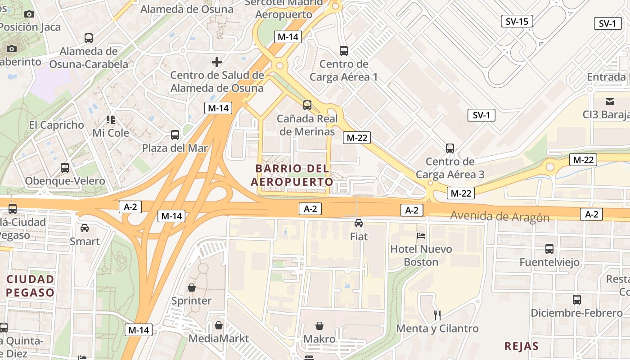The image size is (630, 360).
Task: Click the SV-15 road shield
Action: click(x=517, y=21)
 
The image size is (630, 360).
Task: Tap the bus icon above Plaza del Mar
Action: click(x=175, y=135)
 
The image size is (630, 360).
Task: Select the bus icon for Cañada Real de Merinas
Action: click(x=307, y=105)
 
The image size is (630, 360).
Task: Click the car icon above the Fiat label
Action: click(x=359, y=223)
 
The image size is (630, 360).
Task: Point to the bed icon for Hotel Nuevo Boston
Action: click(x=421, y=235)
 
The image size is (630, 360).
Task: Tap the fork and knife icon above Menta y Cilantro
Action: click(x=437, y=315)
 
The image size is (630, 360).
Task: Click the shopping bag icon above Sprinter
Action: click(x=192, y=287)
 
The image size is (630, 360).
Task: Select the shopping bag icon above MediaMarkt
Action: click(x=219, y=325)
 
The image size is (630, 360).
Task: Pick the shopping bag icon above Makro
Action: click(x=319, y=325)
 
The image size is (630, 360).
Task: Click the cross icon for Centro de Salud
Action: click(x=217, y=62)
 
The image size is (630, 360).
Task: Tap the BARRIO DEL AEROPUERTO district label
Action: click(x=292, y=175)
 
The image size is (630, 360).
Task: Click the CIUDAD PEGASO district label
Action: click(x=31, y=286)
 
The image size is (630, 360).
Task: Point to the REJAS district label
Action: click(x=522, y=346)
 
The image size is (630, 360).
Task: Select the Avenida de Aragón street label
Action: click(x=500, y=216)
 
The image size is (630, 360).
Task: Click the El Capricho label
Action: click(x=57, y=125)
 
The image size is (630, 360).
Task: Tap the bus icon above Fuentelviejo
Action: click(x=549, y=248)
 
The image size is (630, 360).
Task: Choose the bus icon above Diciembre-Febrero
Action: click(x=577, y=299)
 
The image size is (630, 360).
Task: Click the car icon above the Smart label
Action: click(x=85, y=228)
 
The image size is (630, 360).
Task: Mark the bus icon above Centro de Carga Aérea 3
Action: click(x=450, y=148)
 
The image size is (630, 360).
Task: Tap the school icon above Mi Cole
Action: click(x=111, y=120)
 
